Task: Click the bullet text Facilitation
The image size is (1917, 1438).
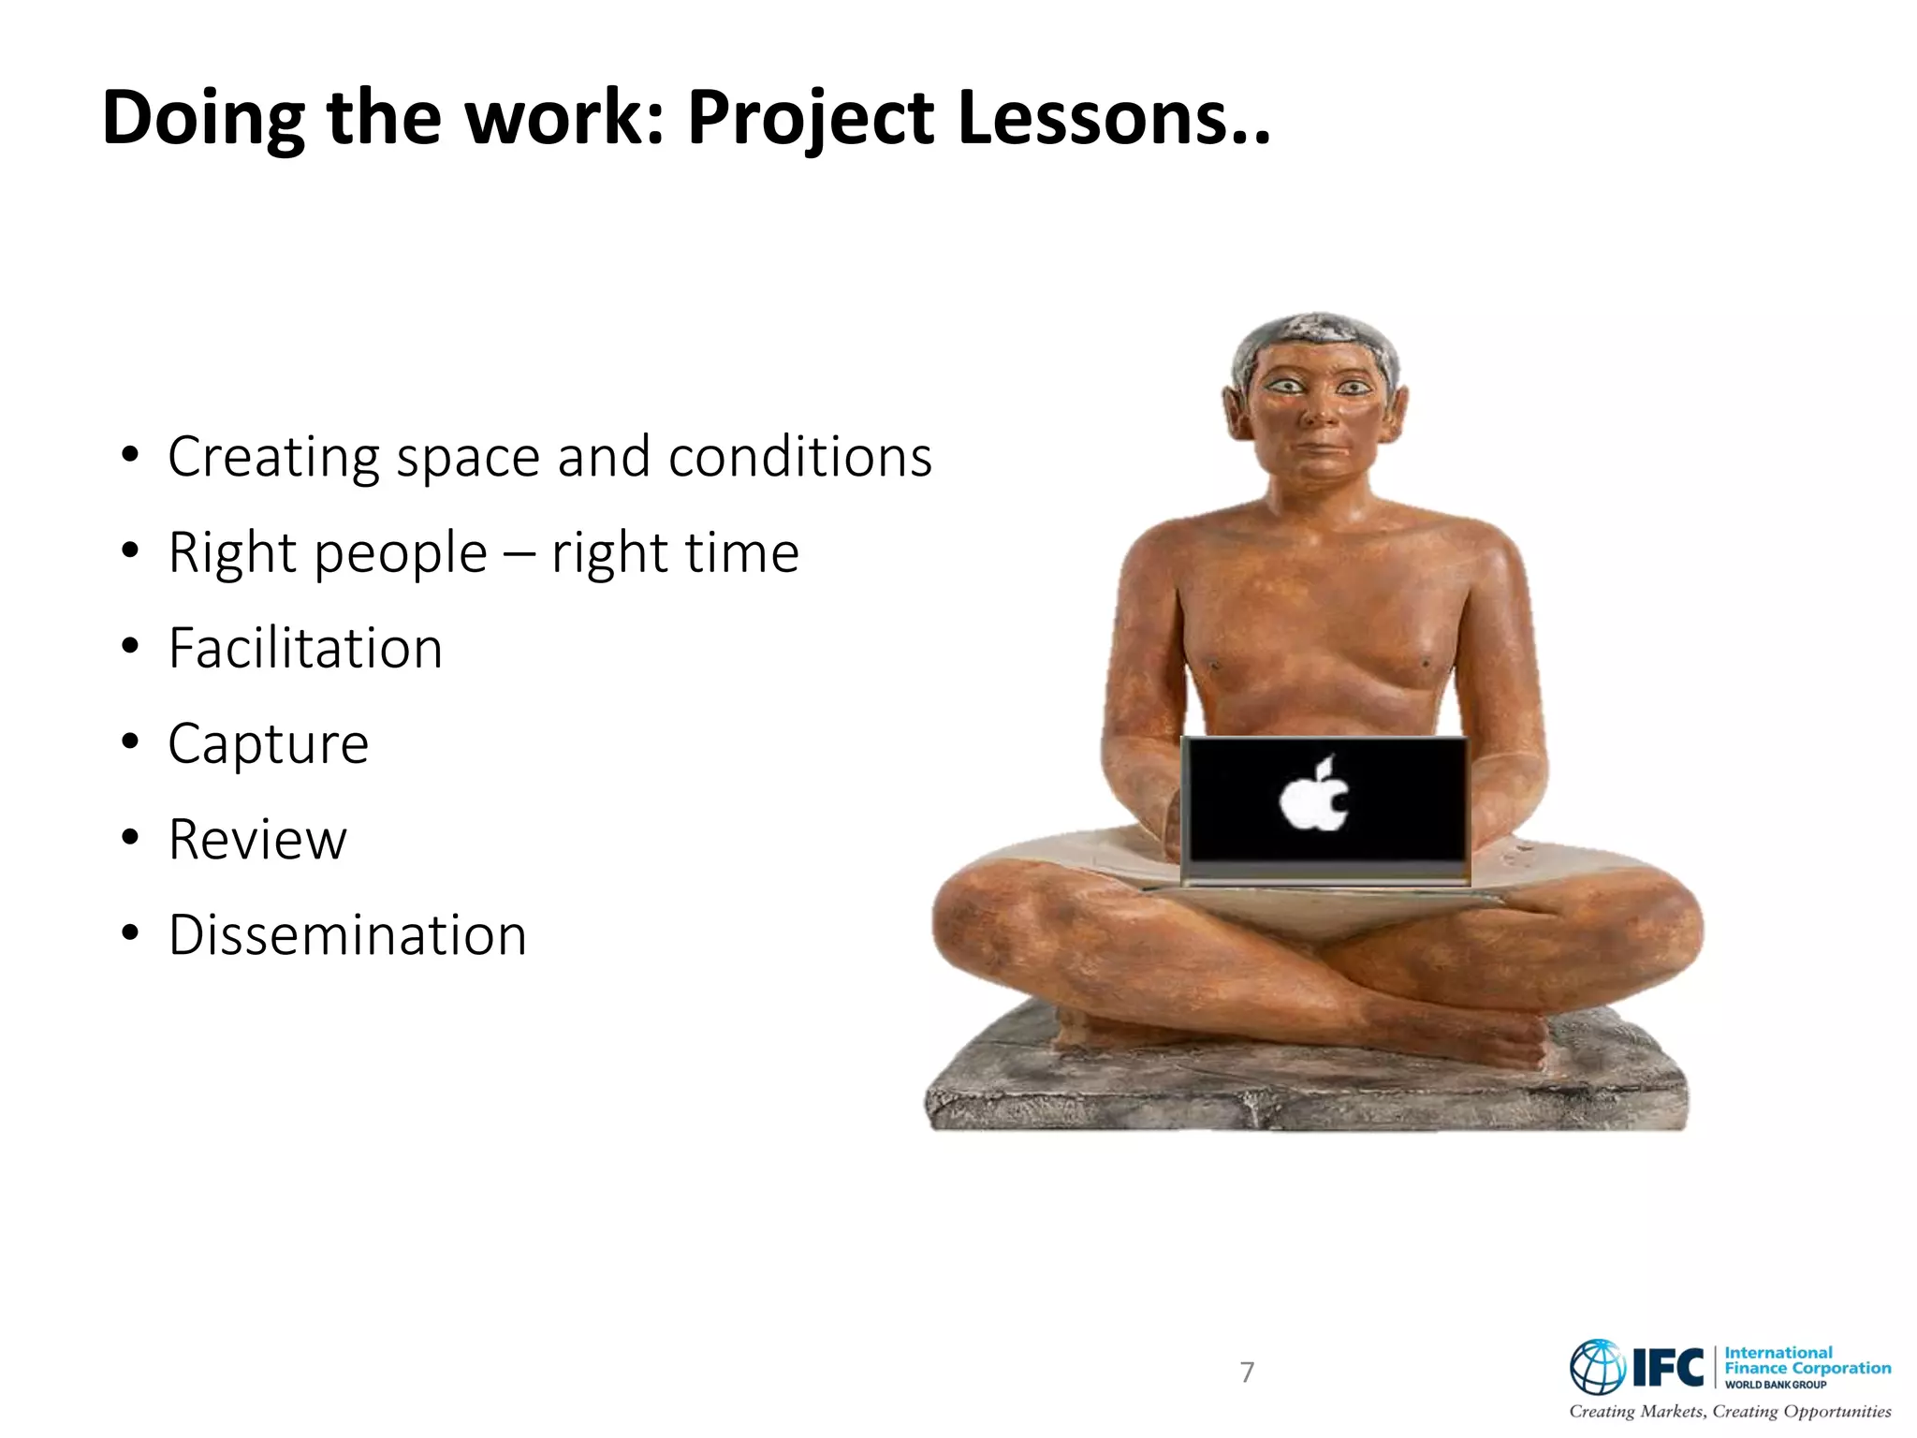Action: pyautogui.click(x=305, y=648)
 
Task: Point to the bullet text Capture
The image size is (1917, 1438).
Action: pyautogui.click(x=269, y=744)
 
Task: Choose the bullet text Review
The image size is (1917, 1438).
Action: pyautogui.click(x=257, y=839)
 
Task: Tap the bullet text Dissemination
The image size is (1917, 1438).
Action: pyautogui.click(x=347, y=934)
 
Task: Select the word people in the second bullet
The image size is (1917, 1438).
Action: pyautogui.click(x=401, y=552)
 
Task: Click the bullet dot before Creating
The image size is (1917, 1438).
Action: pyautogui.click(x=130, y=457)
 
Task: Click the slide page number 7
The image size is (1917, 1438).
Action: pyautogui.click(x=1247, y=1372)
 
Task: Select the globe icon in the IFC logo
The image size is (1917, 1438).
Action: pyautogui.click(x=1598, y=1367)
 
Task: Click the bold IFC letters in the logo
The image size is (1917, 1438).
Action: pyautogui.click(x=1668, y=1368)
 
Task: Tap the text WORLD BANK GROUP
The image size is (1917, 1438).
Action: pyautogui.click(x=1776, y=1385)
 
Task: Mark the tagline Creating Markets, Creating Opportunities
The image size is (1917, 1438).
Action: pyautogui.click(x=1730, y=1411)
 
